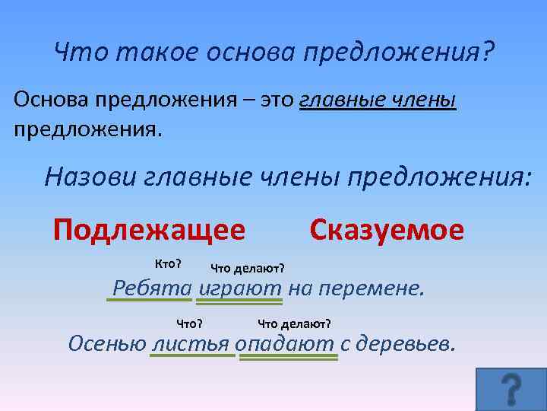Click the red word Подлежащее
(x=149, y=229)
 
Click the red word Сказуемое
(x=387, y=229)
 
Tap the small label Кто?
(x=167, y=263)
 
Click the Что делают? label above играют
(x=247, y=267)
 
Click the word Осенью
(x=107, y=343)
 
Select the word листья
(x=191, y=343)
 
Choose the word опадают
(x=285, y=343)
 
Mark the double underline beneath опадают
(x=288, y=356)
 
